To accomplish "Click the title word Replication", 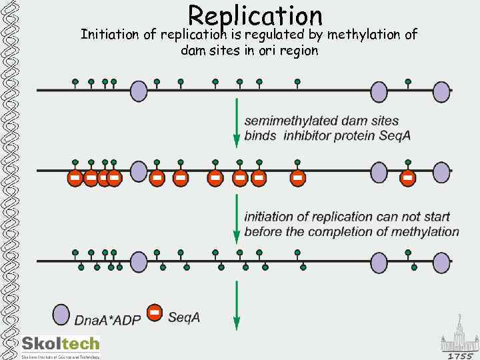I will (255, 15).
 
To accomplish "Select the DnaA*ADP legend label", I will (107, 320).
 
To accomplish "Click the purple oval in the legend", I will (61, 315).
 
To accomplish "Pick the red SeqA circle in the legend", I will (155, 313).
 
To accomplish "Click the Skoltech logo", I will (60, 345).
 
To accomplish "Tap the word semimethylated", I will (291, 121).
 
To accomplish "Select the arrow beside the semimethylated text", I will (236, 124).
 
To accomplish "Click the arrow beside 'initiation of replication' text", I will (236, 219).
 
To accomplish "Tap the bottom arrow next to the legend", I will (236, 305).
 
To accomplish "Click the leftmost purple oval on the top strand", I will (138, 90).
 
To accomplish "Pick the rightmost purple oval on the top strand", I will (441, 91).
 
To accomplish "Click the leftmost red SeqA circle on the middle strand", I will (75, 178).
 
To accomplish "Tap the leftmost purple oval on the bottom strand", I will (138, 261).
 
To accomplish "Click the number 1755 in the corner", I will (460, 355).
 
